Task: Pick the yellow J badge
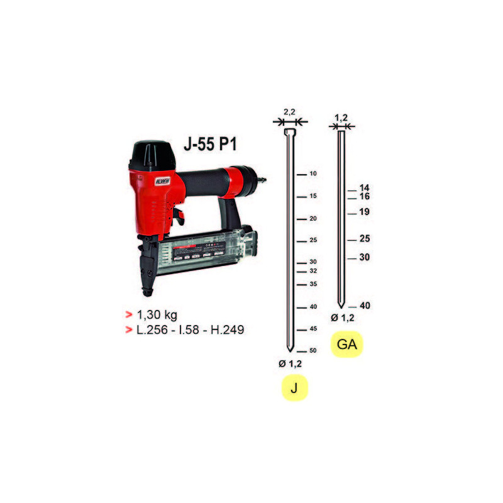[x=294, y=389]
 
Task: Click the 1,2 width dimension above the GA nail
[x=341, y=118]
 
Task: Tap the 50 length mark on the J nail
[x=312, y=351]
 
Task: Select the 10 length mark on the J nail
[x=312, y=174]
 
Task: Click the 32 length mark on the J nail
[x=312, y=271]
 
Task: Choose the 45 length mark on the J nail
[x=312, y=329]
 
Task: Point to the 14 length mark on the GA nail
[x=364, y=188]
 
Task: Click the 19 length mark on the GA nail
[x=364, y=212]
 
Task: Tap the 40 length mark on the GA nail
[x=364, y=306]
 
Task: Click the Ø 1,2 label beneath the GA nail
[x=343, y=318]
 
